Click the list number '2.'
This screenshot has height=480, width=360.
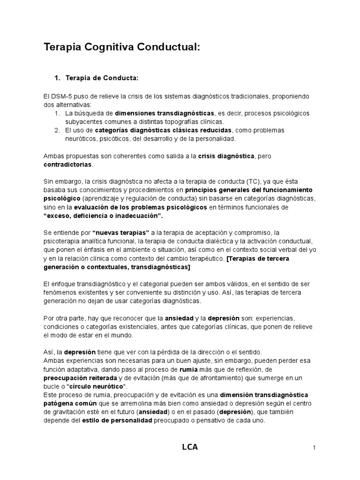tap(57, 130)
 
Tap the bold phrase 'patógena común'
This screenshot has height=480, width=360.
tap(68, 403)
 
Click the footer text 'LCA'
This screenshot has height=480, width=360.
tap(189, 447)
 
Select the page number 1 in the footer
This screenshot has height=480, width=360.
tap(314, 448)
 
